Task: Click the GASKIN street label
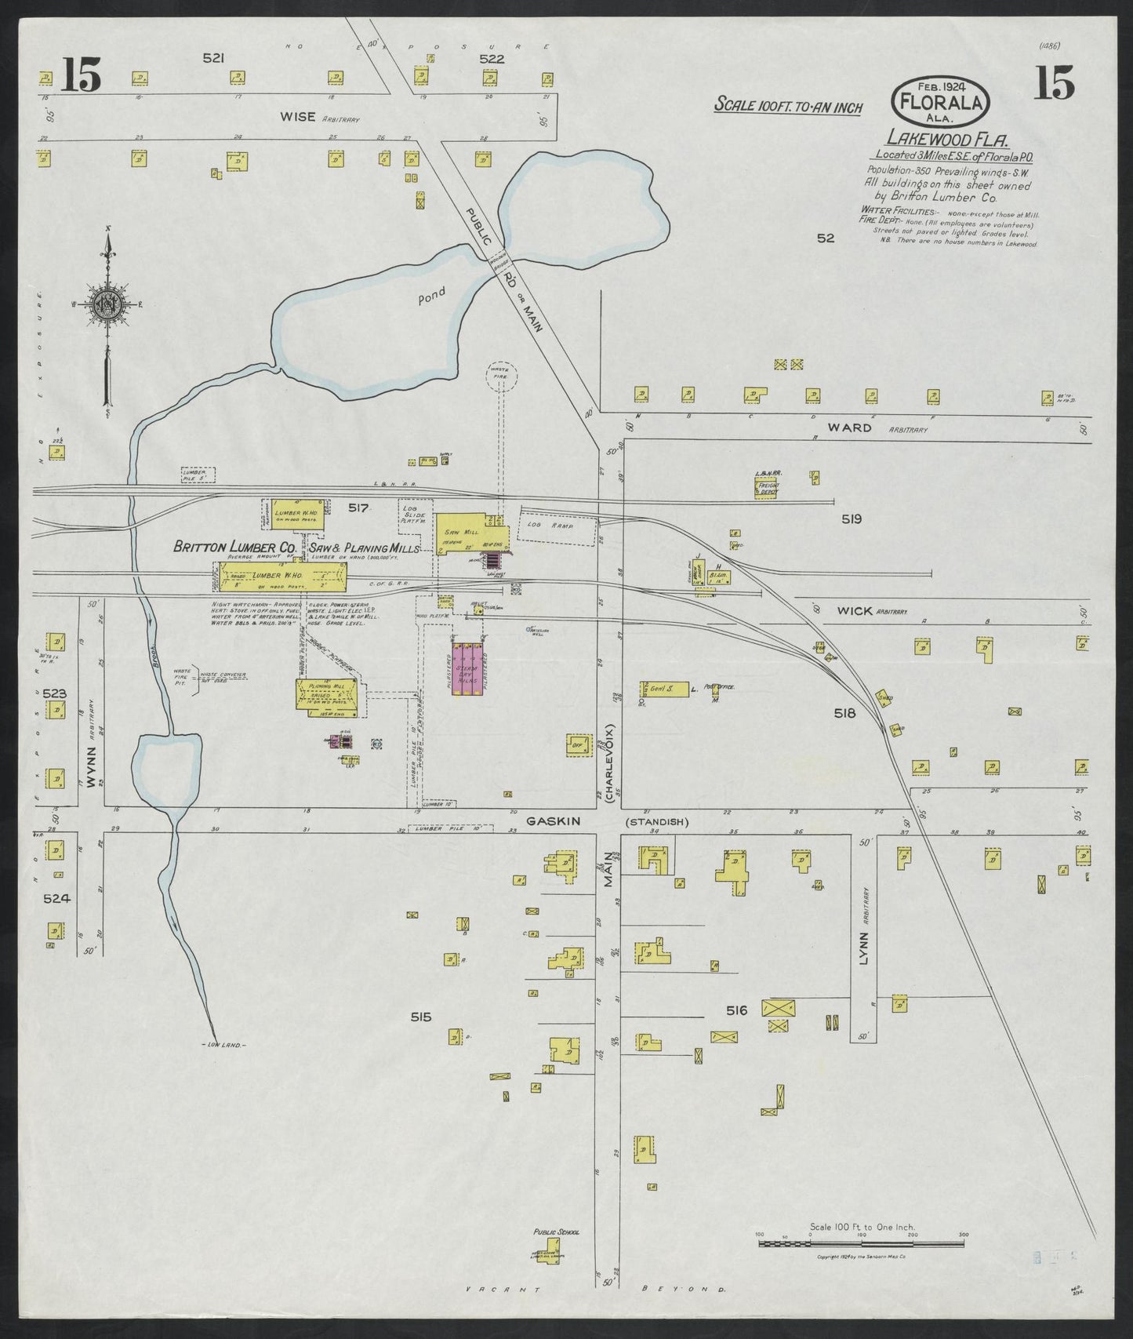pyautogui.click(x=553, y=821)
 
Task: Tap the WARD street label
pyautogui.click(x=851, y=428)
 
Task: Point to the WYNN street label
pyautogui.click(x=89, y=766)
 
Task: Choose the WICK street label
pyautogui.click(x=855, y=610)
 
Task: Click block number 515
pyautogui.click(x=421, y=1017)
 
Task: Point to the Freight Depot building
pyautogui.click(x=766, y=488)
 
